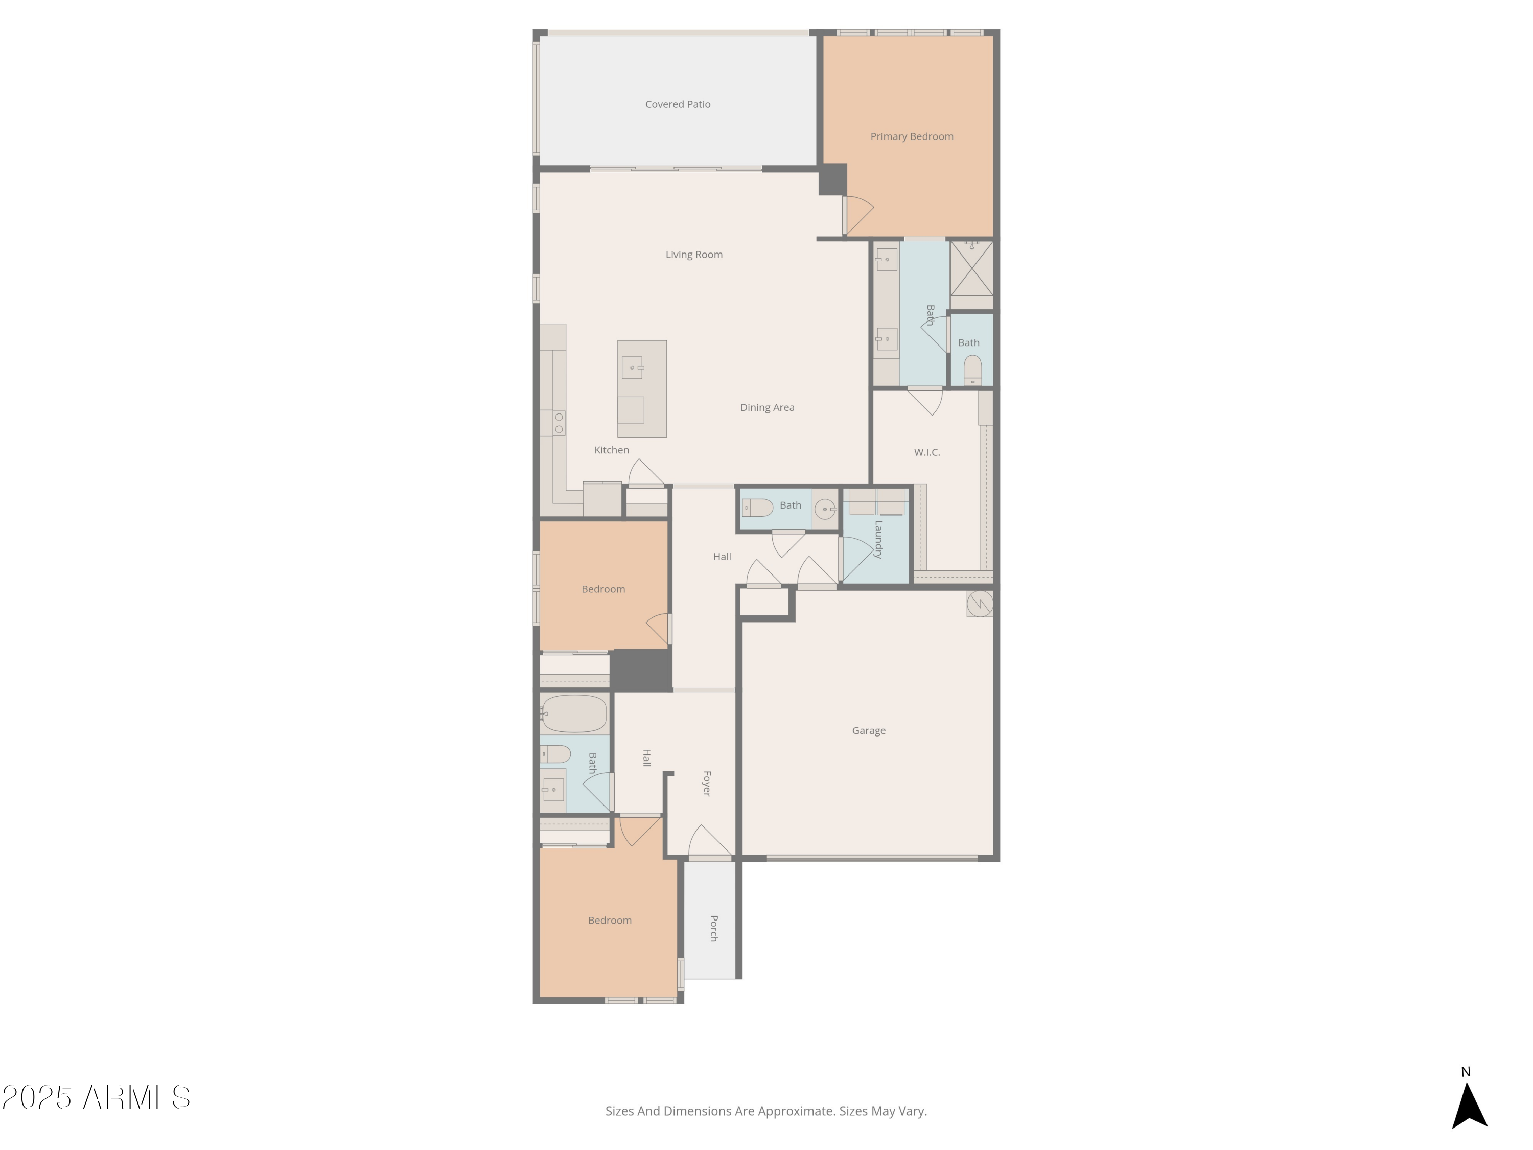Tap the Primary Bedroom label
[x=911, y=136]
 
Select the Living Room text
[x=694, y=255]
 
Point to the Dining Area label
[x=766, y=407]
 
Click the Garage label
[x=868, y=730]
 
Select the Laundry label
[x=878, y=539]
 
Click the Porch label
[x=714, y=928]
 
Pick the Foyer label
[x=707, y=784]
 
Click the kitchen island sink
[x=632, y=367]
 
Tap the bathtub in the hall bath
[x=574, y=714]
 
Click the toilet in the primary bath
[x=972, y=370]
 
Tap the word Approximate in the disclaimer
[x=796, y=1111]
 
